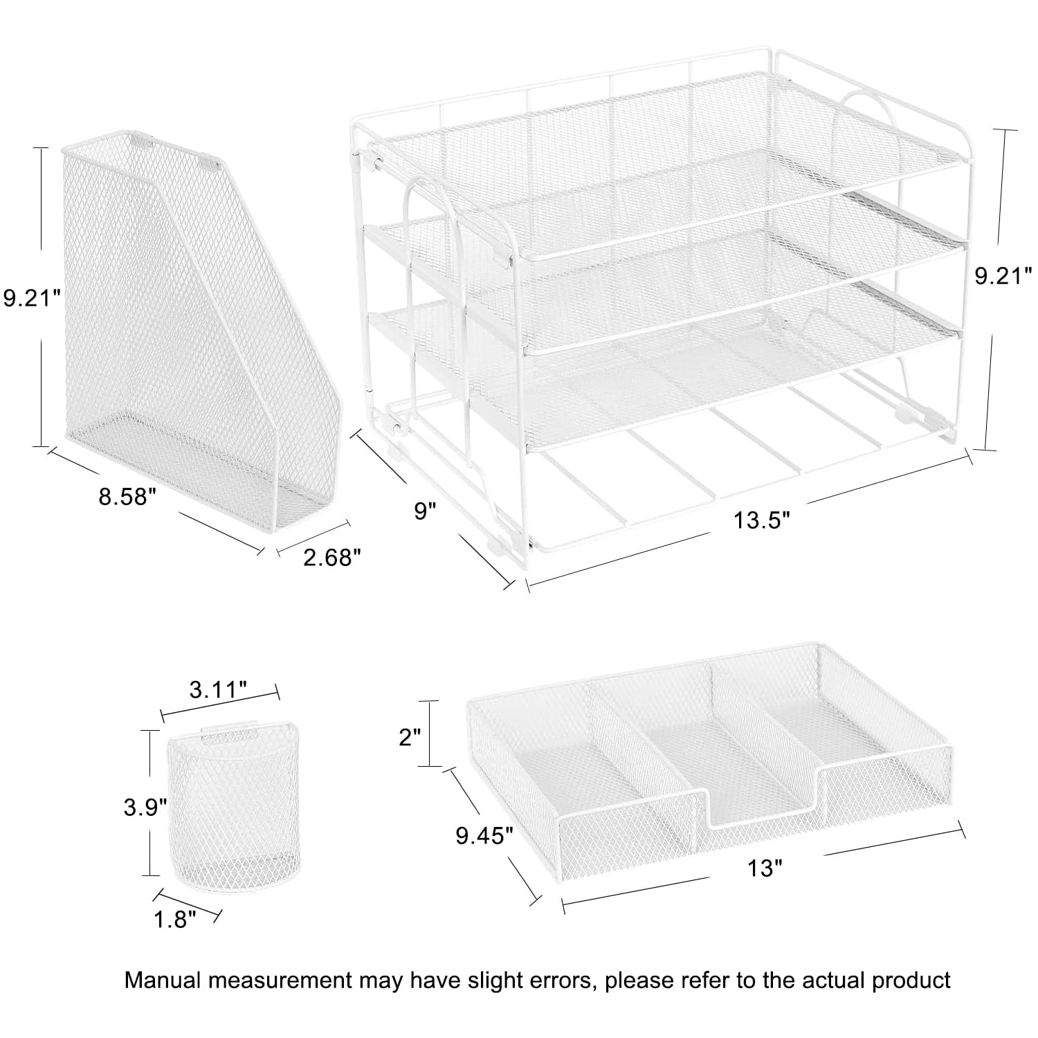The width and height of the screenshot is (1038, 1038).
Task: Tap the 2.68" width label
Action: (332, 557)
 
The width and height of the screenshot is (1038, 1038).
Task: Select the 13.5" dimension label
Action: (762, 520)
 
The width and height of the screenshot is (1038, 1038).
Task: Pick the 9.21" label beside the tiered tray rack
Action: (1003, 276)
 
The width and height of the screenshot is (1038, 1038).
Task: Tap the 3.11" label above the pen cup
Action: (218, 689)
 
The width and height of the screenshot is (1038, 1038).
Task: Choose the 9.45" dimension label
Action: (484, 837)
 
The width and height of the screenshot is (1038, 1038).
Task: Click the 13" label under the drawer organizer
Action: (764, 867)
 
